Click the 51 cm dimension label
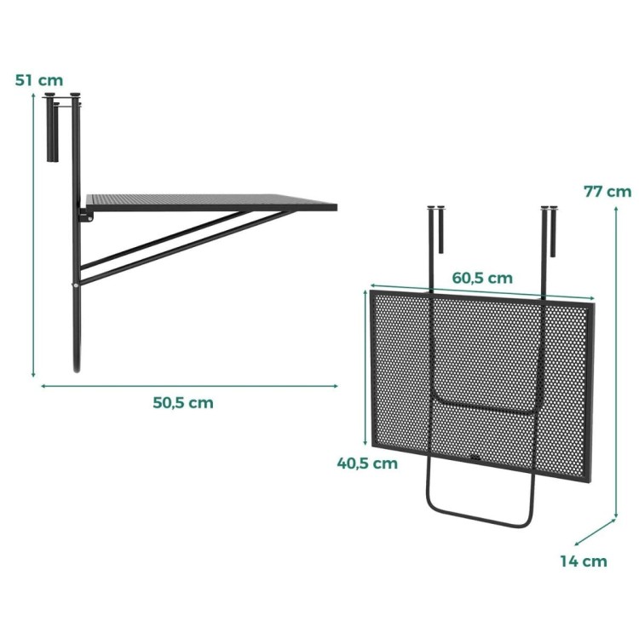(x=39, y=80)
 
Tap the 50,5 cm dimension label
(x=183, y=403)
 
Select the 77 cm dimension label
(x=607, y=192)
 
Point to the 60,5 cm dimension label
(x=482, y=278)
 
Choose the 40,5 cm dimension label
(x=367, y=463)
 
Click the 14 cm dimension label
(x=583, y=561)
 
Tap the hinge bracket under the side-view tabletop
(x=86, y=215)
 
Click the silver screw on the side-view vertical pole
(x=76, y=285)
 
